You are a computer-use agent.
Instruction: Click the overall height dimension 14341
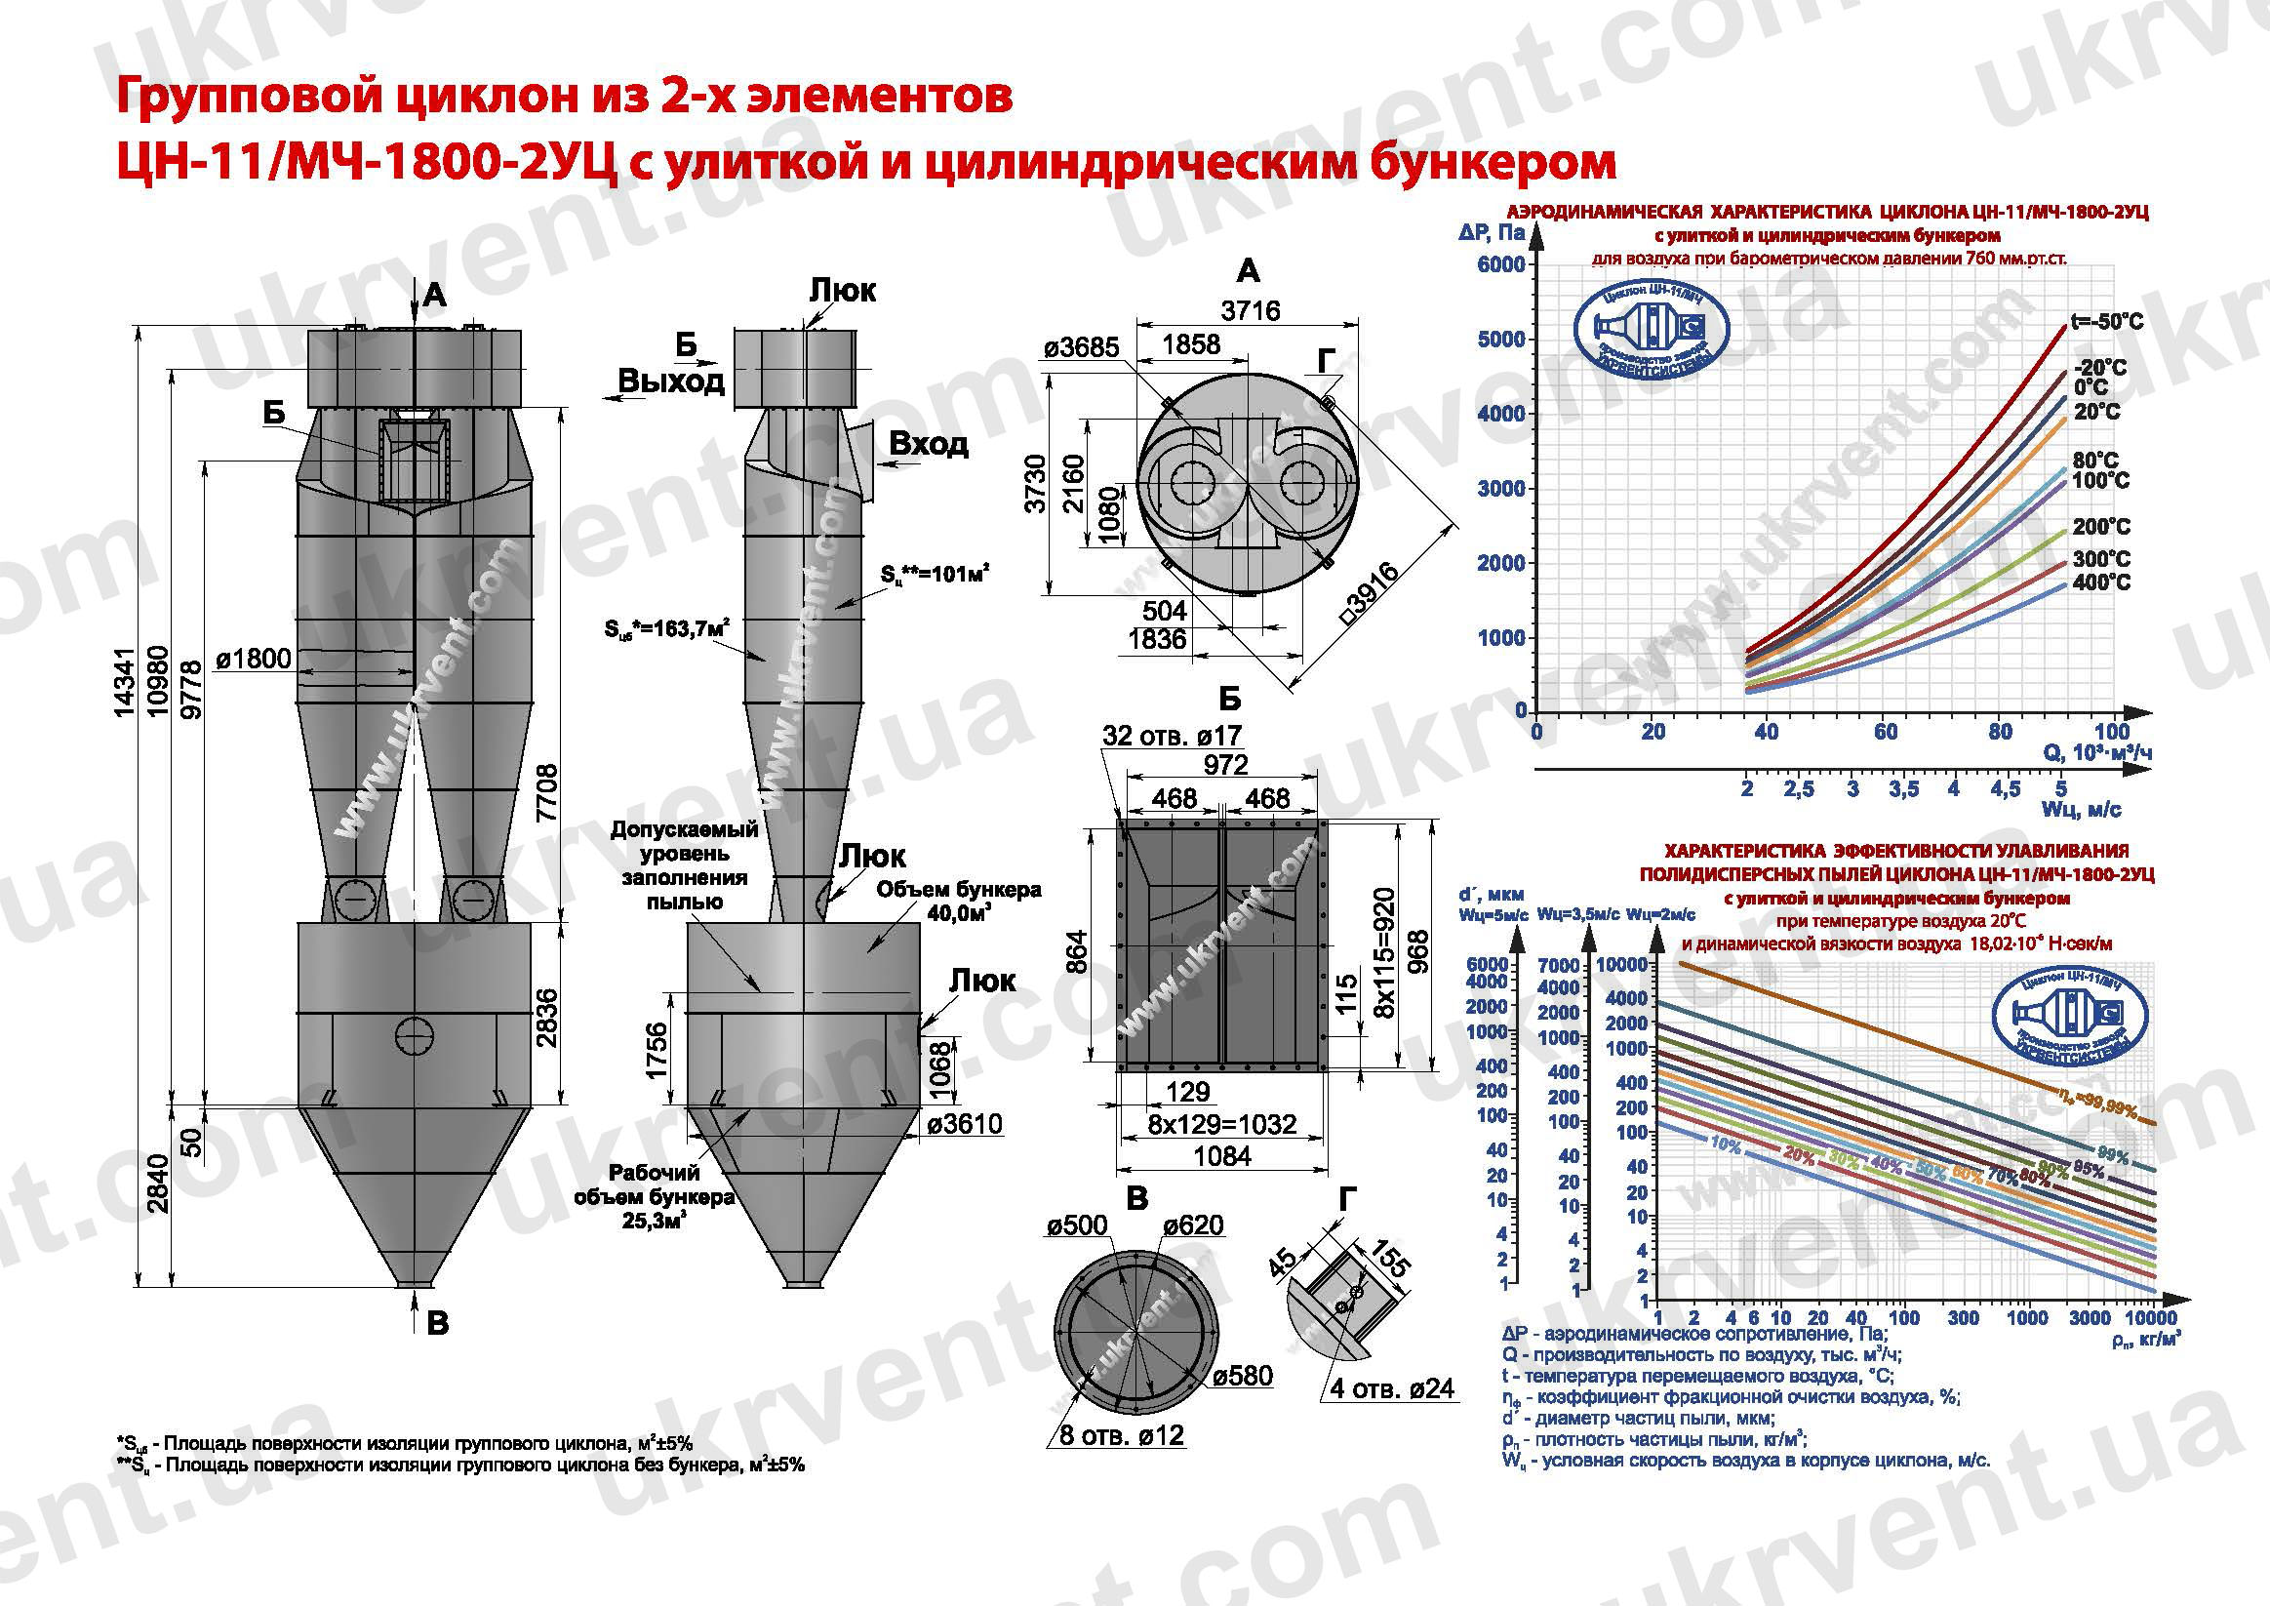point(125,682)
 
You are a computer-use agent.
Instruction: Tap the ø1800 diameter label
point(253,659)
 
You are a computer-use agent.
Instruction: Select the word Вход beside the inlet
point(928,444)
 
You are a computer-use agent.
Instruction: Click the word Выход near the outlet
point(671,381)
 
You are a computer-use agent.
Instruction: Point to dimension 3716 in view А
point(1250,310)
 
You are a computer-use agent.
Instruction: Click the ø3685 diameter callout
point(1082,348)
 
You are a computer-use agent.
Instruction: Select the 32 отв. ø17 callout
point(1173,736)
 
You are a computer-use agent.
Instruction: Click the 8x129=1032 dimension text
point(1222,1124)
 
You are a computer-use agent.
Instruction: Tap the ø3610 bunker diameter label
point(965,1123)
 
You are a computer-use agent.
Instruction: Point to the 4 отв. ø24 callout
point(1391,1388)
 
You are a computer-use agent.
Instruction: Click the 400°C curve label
point(2101,582)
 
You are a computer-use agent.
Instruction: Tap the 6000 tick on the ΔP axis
point(1500,264)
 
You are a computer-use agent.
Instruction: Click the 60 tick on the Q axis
point(1886,732)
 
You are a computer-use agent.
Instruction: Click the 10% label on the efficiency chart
point(1726,1145)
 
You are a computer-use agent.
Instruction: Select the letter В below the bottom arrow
point(438,1324)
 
